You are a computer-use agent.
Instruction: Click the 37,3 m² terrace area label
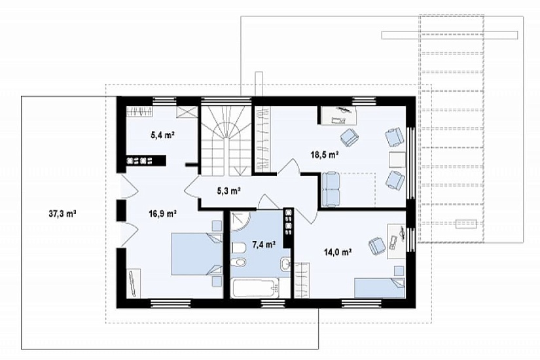62,213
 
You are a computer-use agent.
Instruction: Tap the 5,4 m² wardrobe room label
162,135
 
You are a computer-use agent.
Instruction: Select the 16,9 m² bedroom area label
163,214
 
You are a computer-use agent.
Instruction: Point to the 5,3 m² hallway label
228,190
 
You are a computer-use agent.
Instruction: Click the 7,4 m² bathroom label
264,245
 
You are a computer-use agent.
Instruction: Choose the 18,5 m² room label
325,154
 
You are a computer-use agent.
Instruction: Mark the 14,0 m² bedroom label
338,253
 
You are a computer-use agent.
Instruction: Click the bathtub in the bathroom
255,289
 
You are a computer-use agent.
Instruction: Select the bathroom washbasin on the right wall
285,265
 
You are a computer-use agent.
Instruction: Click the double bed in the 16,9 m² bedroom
197,254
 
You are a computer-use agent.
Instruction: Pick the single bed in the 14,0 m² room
380,288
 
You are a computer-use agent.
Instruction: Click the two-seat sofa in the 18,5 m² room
331,189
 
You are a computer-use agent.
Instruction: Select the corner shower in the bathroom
241,222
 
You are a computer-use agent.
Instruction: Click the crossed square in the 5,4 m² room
187,113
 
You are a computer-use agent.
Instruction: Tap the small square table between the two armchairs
397,160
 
